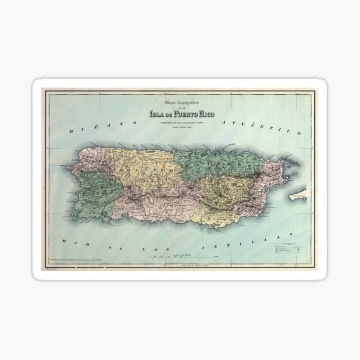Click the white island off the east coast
pyautogui.click(x=298, y=195)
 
